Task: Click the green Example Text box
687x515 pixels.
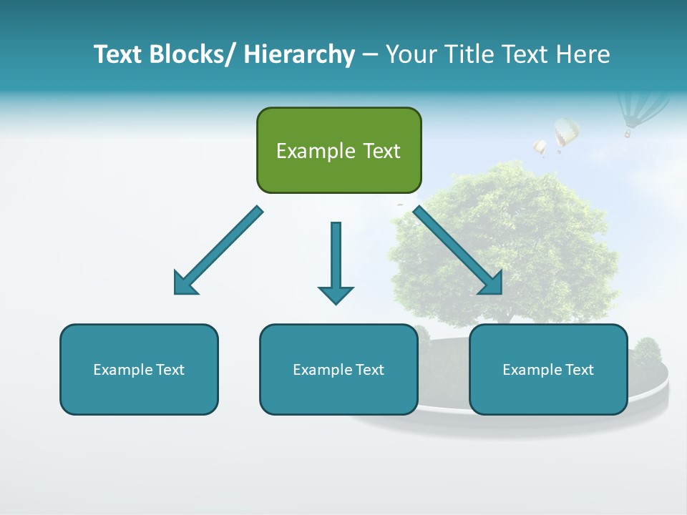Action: pyautogui.click(x=338, y=150)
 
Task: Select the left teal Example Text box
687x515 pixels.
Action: pyautogui.click(x=139, y=369)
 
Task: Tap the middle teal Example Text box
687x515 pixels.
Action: pyautogui.click(x=338, y=369)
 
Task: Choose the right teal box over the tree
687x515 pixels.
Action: pyautogui.click(x=548, y=369)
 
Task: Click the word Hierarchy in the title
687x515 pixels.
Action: pyautogui.click(x=299, y=54)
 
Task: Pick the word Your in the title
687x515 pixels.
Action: pyautogui.click(x=411, y=54)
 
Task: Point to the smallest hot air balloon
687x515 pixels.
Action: pyautogui.click(x=540, y=147)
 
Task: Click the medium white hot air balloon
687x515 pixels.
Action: pyautogui.click(x=566, y=133)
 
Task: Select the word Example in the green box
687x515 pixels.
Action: pyautogui.click(x=312, y=151)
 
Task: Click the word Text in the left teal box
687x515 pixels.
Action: pyautogui.click(x=170, y=369)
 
